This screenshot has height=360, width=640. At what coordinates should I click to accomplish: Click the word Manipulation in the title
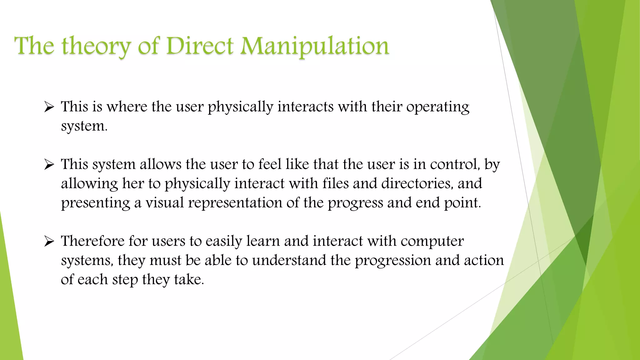(x=315, y=46)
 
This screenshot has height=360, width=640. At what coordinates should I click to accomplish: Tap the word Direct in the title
(x=200, y=46)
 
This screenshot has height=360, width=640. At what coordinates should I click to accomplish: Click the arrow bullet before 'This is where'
(x=49, y=107)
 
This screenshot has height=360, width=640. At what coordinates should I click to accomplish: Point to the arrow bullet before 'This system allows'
(x=49, y=165)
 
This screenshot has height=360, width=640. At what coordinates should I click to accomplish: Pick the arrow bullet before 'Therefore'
(x=49, y=241)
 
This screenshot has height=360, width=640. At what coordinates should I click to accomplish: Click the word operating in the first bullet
(x=437, y=107)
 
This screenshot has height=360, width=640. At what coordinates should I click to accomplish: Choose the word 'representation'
(x=235, y=203)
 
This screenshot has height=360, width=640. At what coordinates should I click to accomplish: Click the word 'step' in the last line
(x=125, y=280)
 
